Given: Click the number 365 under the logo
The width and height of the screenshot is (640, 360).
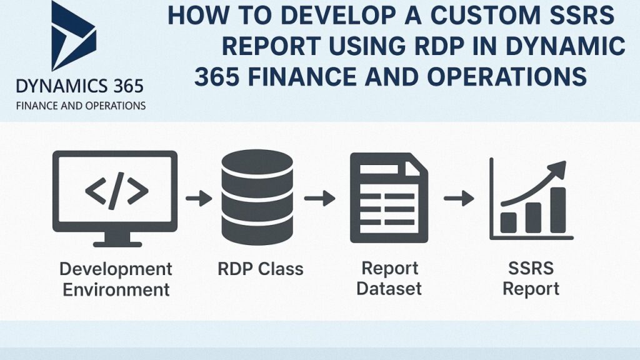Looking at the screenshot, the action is tap(128, 86).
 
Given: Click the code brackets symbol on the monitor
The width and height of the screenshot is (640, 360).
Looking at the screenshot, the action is tap(117, 191).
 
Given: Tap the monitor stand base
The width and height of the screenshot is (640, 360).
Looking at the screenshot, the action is tap(117, 244).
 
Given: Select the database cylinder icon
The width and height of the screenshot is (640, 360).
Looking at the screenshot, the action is tap(257, 197).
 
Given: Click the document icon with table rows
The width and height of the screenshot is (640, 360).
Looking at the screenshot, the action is tap(389, 197).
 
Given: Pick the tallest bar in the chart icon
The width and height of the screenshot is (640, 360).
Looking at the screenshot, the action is tap(557, 210).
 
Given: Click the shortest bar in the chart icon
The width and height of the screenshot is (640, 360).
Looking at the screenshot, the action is tap(508, 222).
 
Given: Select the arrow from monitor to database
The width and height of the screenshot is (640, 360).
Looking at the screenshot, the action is tap(199, 198).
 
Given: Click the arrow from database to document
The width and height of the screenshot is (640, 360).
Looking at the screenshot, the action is tap(320, 198).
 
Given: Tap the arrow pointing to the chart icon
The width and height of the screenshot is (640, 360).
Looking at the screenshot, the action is tap(459, 198).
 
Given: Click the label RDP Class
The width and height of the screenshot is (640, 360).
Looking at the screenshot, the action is tap(261, 269).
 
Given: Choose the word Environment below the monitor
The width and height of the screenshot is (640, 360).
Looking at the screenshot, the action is tap(116, 289).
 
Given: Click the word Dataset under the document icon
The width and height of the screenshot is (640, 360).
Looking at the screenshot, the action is tap(389, 289).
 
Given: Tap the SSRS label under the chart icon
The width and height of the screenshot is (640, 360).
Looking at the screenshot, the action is tap(531, 268).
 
